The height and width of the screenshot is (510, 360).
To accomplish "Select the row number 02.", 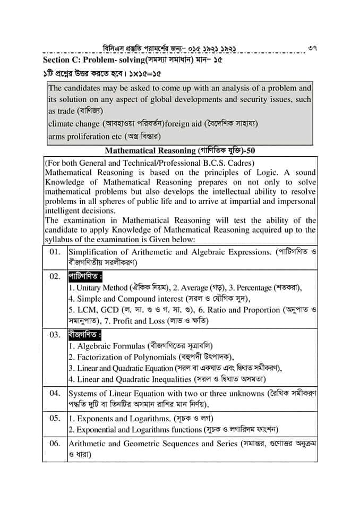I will [x=55, y=277].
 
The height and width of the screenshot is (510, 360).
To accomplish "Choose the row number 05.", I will [x=55, y=418].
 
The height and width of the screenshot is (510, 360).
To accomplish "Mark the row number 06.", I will [x=55, y=444].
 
